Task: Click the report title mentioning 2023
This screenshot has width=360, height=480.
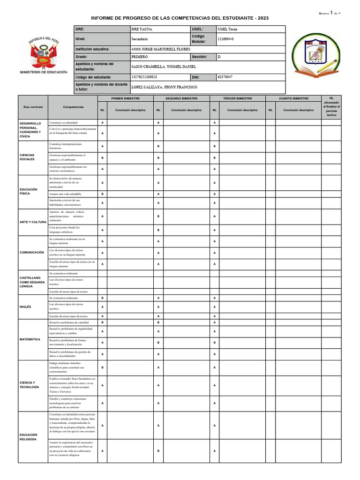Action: click(180, 18)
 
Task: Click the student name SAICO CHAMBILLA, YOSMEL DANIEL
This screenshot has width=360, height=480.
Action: click(164, 67)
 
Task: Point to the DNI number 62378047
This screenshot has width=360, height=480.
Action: click(225, 76)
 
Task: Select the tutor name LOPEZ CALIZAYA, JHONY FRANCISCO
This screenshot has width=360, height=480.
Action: click(164, 87)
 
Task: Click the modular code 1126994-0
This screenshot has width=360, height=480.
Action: click(226, 39)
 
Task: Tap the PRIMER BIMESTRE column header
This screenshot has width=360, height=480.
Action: click(125, 98)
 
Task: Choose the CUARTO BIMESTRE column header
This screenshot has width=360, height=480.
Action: click(293, 98)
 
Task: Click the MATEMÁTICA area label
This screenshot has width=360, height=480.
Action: click(30, 339)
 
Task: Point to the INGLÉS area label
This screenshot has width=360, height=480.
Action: click(25, 307)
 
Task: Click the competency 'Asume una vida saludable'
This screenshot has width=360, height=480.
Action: click(65, 194)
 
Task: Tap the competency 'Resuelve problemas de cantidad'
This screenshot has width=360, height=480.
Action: click(69, 322)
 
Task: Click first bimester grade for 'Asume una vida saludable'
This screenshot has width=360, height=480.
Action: click(102, 194)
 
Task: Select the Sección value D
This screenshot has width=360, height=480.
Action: click(219, 56)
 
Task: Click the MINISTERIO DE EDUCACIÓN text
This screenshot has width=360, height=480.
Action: click(44, 72)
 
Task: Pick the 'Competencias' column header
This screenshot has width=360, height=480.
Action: click(73, 107)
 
